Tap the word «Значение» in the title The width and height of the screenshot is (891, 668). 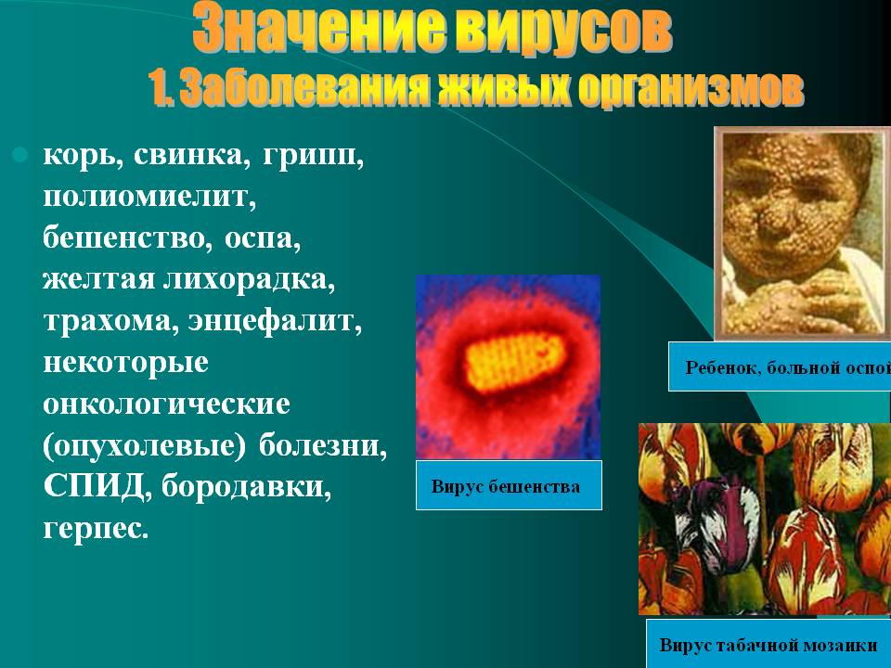coord(319,29)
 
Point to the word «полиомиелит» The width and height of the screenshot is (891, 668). coord(149,197)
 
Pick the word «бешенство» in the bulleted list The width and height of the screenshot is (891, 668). coord(123,238)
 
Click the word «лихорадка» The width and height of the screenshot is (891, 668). coord(249,279)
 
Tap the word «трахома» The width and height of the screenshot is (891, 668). coord(107,321)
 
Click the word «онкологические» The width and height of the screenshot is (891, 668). coord(166,404)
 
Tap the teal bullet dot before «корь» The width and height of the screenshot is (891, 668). coord(20,154)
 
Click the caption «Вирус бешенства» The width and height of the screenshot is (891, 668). coord(506,487)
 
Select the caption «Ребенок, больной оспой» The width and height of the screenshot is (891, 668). coord(788,367)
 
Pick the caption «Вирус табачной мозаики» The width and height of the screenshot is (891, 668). coord(768,646)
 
